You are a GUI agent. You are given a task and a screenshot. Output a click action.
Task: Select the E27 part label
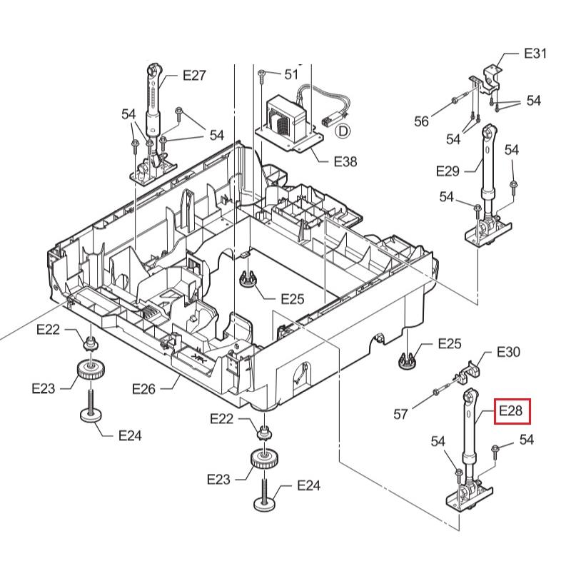click(194, 76)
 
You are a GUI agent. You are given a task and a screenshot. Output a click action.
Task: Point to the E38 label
click(345, 162)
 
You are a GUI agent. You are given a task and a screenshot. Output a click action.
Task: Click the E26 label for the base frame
click(143, 388)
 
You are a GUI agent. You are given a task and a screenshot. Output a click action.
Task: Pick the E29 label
click(448, 171)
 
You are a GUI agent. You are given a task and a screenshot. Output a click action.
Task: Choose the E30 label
click(508, 352)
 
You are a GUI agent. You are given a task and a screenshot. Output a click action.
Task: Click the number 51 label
click(291, 74)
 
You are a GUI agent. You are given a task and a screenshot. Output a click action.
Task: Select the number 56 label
click(422, 121)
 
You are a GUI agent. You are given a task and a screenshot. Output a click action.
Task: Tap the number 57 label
click(401, 413)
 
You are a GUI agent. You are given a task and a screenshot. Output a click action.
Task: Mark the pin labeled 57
click(437, 393)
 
